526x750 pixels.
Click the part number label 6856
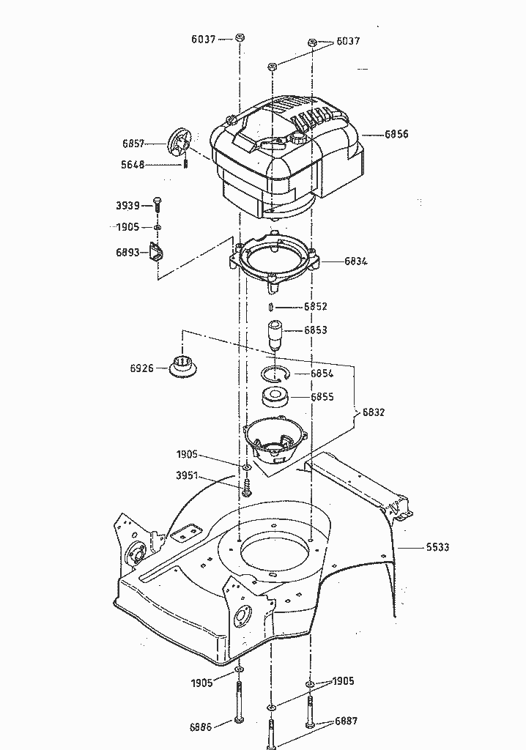[396, 135]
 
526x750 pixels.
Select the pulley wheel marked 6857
[179, 142]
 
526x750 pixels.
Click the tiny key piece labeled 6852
[271, 306]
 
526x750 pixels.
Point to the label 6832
[373, 412]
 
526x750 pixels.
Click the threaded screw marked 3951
[246, 484]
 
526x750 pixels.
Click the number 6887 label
[346, 721]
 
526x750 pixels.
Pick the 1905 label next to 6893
[127, 228]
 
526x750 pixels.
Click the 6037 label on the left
[204, 40]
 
